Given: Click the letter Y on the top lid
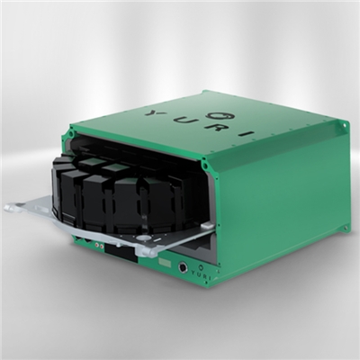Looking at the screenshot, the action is point(149,113).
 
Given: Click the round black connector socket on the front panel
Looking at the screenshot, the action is point(183,266).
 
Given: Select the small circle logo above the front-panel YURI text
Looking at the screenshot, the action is point(202,266).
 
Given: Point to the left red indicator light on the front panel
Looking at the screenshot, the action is point(97,245).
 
